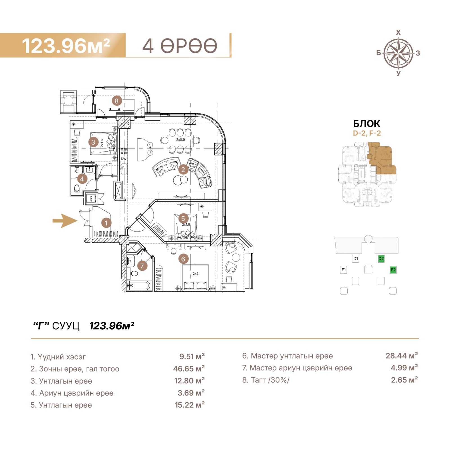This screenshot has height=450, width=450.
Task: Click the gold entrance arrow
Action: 65,220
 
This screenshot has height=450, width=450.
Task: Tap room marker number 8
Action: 117,101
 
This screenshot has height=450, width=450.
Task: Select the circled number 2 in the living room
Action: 183,170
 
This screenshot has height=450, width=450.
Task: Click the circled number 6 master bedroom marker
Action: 183,259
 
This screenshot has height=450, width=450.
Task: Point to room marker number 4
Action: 82,179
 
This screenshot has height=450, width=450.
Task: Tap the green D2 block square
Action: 381,258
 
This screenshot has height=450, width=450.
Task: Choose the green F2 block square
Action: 393,270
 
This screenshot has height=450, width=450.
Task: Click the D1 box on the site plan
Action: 356,258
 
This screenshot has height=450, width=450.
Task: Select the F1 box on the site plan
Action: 343,270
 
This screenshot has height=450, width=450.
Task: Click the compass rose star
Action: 398,53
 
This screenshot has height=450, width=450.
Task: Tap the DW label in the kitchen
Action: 124,159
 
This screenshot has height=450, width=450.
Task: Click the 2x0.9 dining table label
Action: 181,139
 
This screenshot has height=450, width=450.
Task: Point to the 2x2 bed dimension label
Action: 195,274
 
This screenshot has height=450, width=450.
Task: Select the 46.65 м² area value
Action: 189,368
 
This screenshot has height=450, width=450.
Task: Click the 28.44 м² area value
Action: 402,356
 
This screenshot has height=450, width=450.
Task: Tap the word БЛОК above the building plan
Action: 367,124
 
